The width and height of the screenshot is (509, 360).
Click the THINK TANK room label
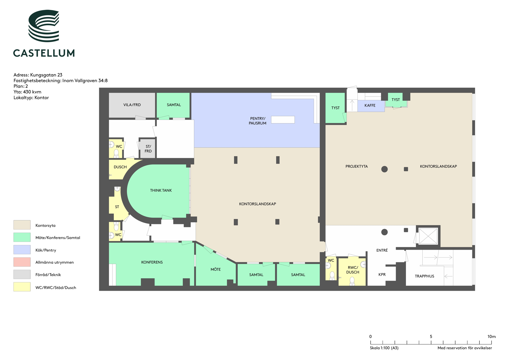pos(161,190)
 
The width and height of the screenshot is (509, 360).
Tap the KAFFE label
pos(370,105)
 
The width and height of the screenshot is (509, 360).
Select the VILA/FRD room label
pos(132,105)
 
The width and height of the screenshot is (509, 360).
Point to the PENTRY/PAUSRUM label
pos(257,121)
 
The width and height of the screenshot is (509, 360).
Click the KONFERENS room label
pos(152,262)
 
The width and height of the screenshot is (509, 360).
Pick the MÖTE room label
pos(216,269)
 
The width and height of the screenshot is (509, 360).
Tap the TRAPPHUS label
pos(424,276)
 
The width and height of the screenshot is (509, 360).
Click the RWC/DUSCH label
pos(353,270)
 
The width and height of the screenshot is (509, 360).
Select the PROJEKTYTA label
pos(357,166)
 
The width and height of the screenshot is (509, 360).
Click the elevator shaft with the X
pos(428,236)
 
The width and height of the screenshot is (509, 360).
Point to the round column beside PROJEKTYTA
pos(384,169)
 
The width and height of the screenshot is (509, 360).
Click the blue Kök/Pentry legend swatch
pos(22,250)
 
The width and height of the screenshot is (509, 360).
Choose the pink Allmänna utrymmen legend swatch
pos(22,262)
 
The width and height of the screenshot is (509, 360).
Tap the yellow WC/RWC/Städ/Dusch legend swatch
pos(22,287)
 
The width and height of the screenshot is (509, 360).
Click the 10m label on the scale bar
pos(492,337)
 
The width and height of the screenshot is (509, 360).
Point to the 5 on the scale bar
pos(431,337)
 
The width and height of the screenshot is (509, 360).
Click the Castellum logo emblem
pos(44,26)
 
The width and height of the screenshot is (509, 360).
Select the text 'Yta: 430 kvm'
pos(27,92)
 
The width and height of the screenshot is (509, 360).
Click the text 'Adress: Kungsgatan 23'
pos(38,75)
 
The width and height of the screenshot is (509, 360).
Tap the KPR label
pos(382,275)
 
